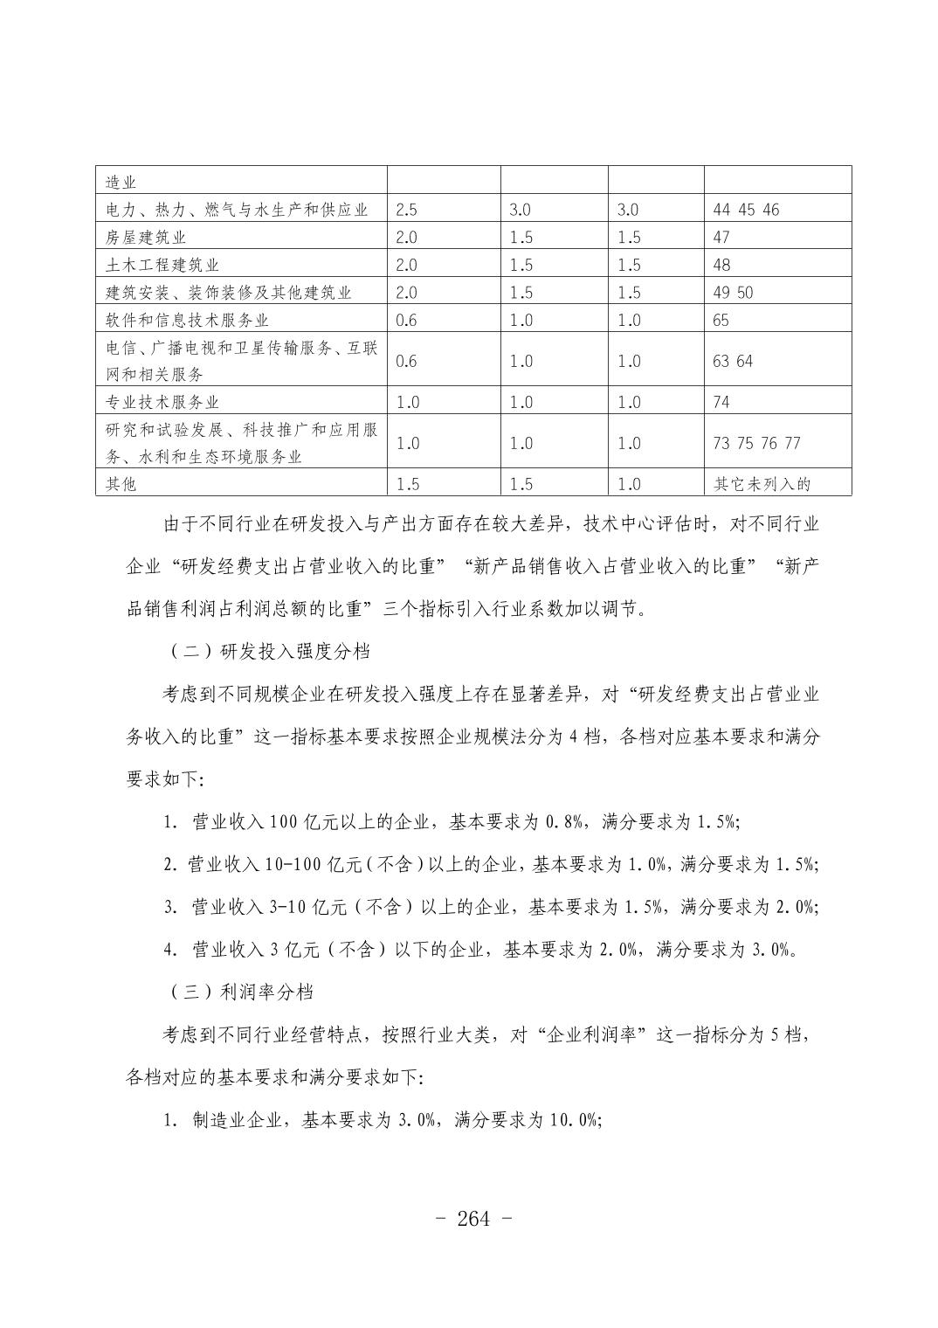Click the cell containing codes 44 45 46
point(745,210)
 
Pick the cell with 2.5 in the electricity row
point(406,210)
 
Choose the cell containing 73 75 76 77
point(756,443)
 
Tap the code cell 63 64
point(732,361)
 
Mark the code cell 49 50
point(732,293)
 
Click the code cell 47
point(721,238)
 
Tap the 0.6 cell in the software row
point(406,320)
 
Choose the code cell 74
point(721,402)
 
